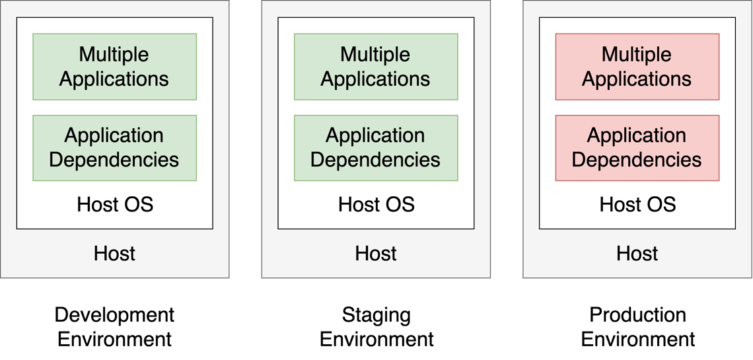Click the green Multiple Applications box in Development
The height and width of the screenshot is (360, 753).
pyautogui.click(x=114, y=67)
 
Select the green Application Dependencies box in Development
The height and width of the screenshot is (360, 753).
pyautogui.click(x=114, y=148)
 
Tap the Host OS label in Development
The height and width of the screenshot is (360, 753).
pyautogui.click(x=115, y=204)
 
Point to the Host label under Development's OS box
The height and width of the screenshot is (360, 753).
pyautogui.click(x=114, y=253)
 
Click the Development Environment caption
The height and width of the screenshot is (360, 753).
pyautogui.click(x=114, y=327)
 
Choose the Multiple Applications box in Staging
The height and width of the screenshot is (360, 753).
pyautogui.click(x=376, y=67)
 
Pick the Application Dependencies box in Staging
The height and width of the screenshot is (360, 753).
pyautogui.click(x=376, y=148)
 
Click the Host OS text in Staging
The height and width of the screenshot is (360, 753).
pyautogui.click(x=377, y=204)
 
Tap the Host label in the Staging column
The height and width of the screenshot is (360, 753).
pyautogui.click(x=376, y=253)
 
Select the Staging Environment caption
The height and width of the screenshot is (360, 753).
pyautogui.click(x=377, y=327)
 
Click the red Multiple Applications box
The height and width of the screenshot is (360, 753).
pyautogui.click(x=637, y=67)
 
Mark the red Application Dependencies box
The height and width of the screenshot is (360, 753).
pyautogui.click(x=637, y=148)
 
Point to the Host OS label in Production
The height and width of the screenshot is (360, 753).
pyautogui.click(x=637, y=204)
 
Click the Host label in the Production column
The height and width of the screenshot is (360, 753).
pyautogui.click(x=637, y=253)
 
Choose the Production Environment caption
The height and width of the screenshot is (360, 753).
pyautogui.click(x=638, y=327)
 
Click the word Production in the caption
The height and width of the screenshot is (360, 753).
pyautogui.click(x=638, y=314)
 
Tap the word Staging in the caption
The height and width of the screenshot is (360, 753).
pyautogui.click(x=377, y=315)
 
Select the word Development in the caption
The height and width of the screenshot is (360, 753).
pyautogui.click(x=114, y=314)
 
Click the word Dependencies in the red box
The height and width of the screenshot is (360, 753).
pyautogui.click(x=637, y=160)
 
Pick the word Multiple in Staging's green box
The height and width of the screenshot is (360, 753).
pyautogui.click(x=376, y=54)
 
